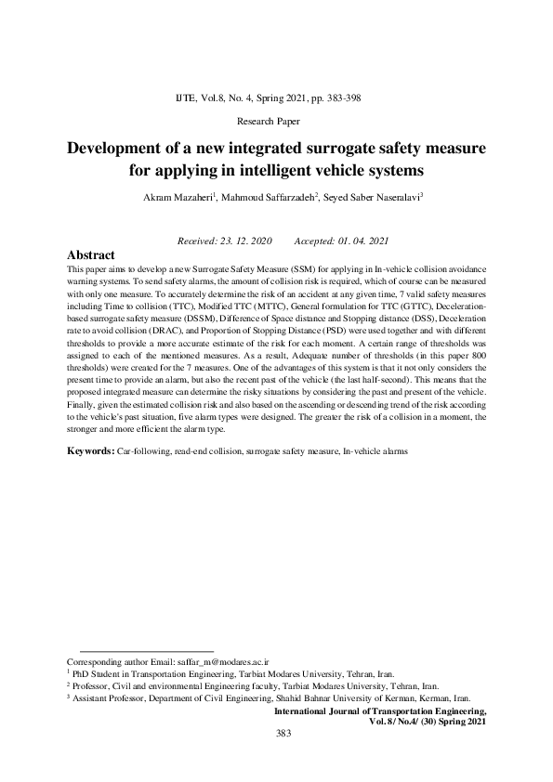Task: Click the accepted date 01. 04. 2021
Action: [362, 241]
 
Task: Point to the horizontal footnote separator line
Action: [147, 650]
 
